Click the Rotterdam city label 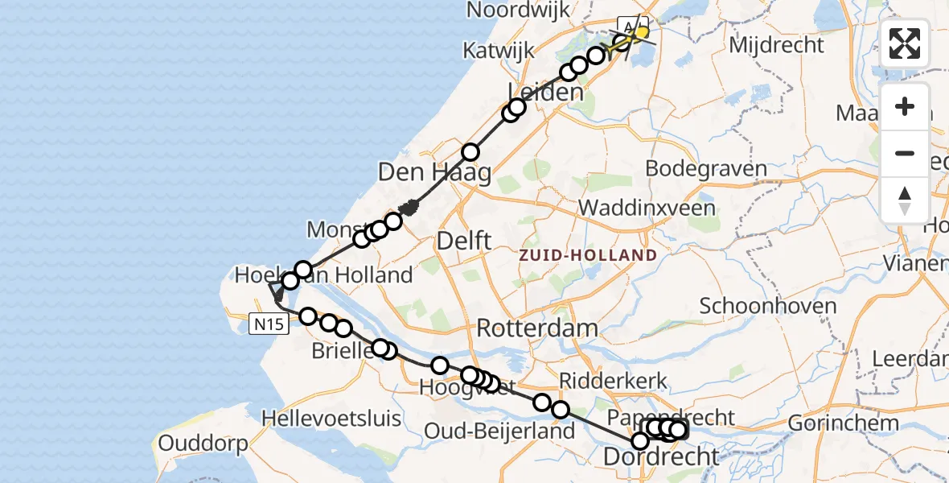click(537, 328)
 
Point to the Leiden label click(545, 92)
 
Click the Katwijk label click(499, 51)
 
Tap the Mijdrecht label click(777, 45)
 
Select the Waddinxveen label click(647, 208)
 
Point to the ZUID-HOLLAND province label click(587, 255)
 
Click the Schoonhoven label click(757, 306)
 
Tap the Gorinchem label click(843, 423)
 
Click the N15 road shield click(267, 324)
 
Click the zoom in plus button click(905, 106)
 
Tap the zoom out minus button click(905, 153)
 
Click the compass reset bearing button click(905, 200)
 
